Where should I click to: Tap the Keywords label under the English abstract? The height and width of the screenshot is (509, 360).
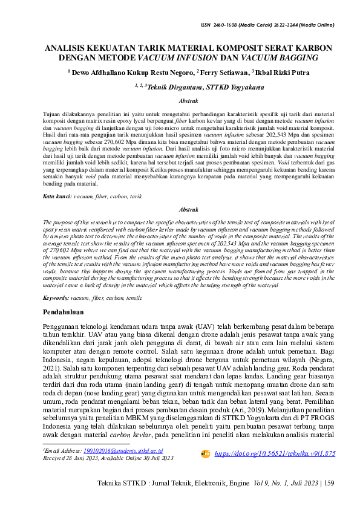click(x=57, y=298)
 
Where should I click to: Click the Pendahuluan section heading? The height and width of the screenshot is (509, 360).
click(x=68, y=313)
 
